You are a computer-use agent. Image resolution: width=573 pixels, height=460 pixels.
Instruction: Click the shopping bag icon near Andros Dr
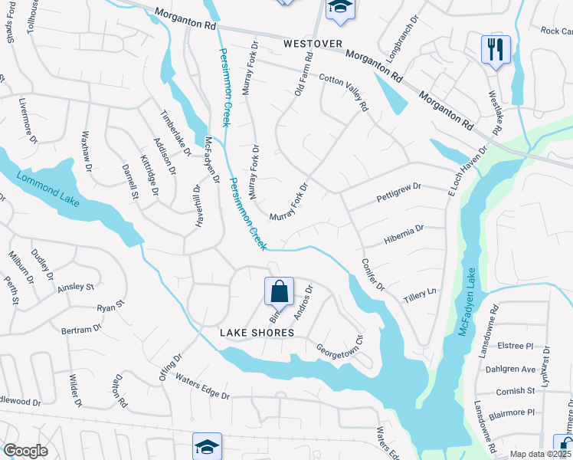(279, 291)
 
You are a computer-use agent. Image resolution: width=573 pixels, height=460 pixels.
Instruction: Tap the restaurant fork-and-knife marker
(496, 50)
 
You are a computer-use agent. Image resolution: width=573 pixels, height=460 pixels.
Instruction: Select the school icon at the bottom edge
(207, 447)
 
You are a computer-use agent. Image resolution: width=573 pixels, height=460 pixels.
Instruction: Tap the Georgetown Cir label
(340, 346)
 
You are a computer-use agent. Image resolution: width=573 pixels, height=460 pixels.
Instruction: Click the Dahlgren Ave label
(510, 369)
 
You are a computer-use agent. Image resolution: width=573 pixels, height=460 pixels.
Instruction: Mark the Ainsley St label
(75, 287)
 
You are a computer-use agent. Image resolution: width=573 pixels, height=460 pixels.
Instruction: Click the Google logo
(25, 451)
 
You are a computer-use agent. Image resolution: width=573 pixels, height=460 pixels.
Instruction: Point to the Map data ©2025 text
(541, 454)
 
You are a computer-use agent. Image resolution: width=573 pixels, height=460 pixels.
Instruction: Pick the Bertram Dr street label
(81, 329)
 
